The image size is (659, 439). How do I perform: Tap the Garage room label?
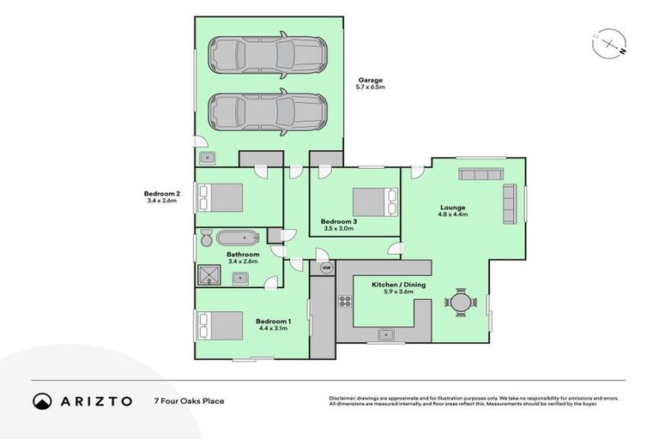370,83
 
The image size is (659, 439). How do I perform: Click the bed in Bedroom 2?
221,197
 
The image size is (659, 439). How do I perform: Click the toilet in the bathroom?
206,238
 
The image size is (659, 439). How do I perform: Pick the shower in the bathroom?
209,274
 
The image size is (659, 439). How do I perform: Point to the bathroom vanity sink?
241,276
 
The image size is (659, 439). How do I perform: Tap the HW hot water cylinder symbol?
326,268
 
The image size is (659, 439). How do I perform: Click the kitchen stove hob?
345,300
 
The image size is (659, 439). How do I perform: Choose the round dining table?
461,302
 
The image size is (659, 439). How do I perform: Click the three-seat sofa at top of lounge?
485,174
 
